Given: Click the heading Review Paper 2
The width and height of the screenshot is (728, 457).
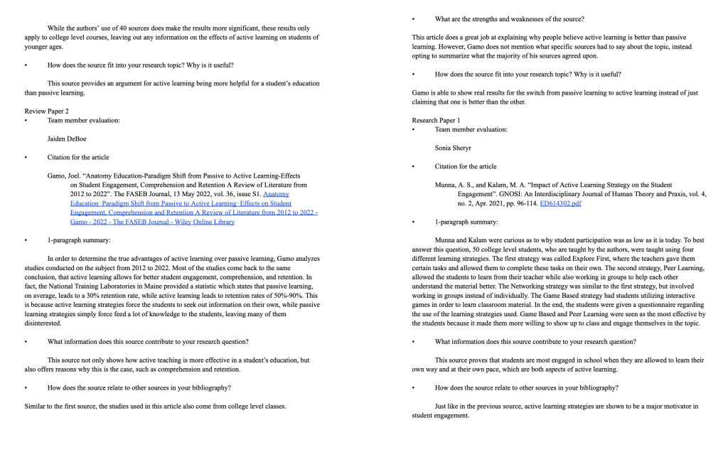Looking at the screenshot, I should point(46,111).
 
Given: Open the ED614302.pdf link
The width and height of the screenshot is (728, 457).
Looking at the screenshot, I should point(561,203).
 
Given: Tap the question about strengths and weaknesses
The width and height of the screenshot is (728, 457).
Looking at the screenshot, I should point(514,18).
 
